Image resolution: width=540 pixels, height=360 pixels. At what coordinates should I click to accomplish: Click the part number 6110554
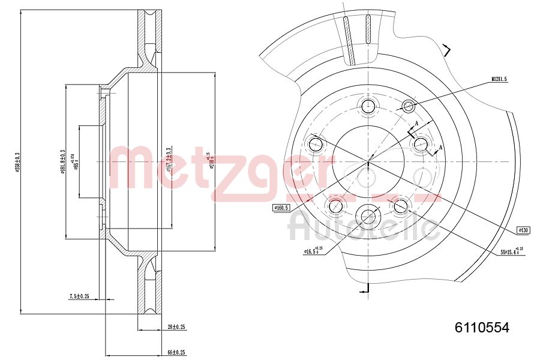(x=482, y=328)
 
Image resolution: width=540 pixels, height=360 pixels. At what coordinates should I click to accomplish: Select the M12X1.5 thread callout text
(x=499, y=79)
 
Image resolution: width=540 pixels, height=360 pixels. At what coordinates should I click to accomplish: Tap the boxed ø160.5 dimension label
(x=281, y=208)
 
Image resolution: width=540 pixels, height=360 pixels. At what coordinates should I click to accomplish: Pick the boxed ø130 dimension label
(x=524, y=230)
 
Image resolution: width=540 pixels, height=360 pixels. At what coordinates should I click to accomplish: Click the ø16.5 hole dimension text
(x=314, y=251)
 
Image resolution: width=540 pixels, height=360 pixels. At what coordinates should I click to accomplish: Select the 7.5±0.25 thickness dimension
(x=79, y=296)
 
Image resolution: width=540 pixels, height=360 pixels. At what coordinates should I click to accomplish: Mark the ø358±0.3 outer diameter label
(x=19, y=162)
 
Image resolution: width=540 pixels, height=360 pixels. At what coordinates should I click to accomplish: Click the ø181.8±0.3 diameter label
(x=62, y=161)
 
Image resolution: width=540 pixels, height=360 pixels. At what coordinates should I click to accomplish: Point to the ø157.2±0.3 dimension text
(x=169, y=160)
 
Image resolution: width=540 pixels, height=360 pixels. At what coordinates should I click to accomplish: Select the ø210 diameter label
(x=211, y=160)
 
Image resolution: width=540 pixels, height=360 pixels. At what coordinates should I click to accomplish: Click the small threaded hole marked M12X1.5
(x=409, y=107)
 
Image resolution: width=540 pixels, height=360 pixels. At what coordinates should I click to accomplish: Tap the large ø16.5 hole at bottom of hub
(x=368, y=215)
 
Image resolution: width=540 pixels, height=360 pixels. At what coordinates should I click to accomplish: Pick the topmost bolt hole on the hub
(x=368, y=107)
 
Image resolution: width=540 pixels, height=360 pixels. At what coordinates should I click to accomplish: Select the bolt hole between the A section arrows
(x=420, y=143)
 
